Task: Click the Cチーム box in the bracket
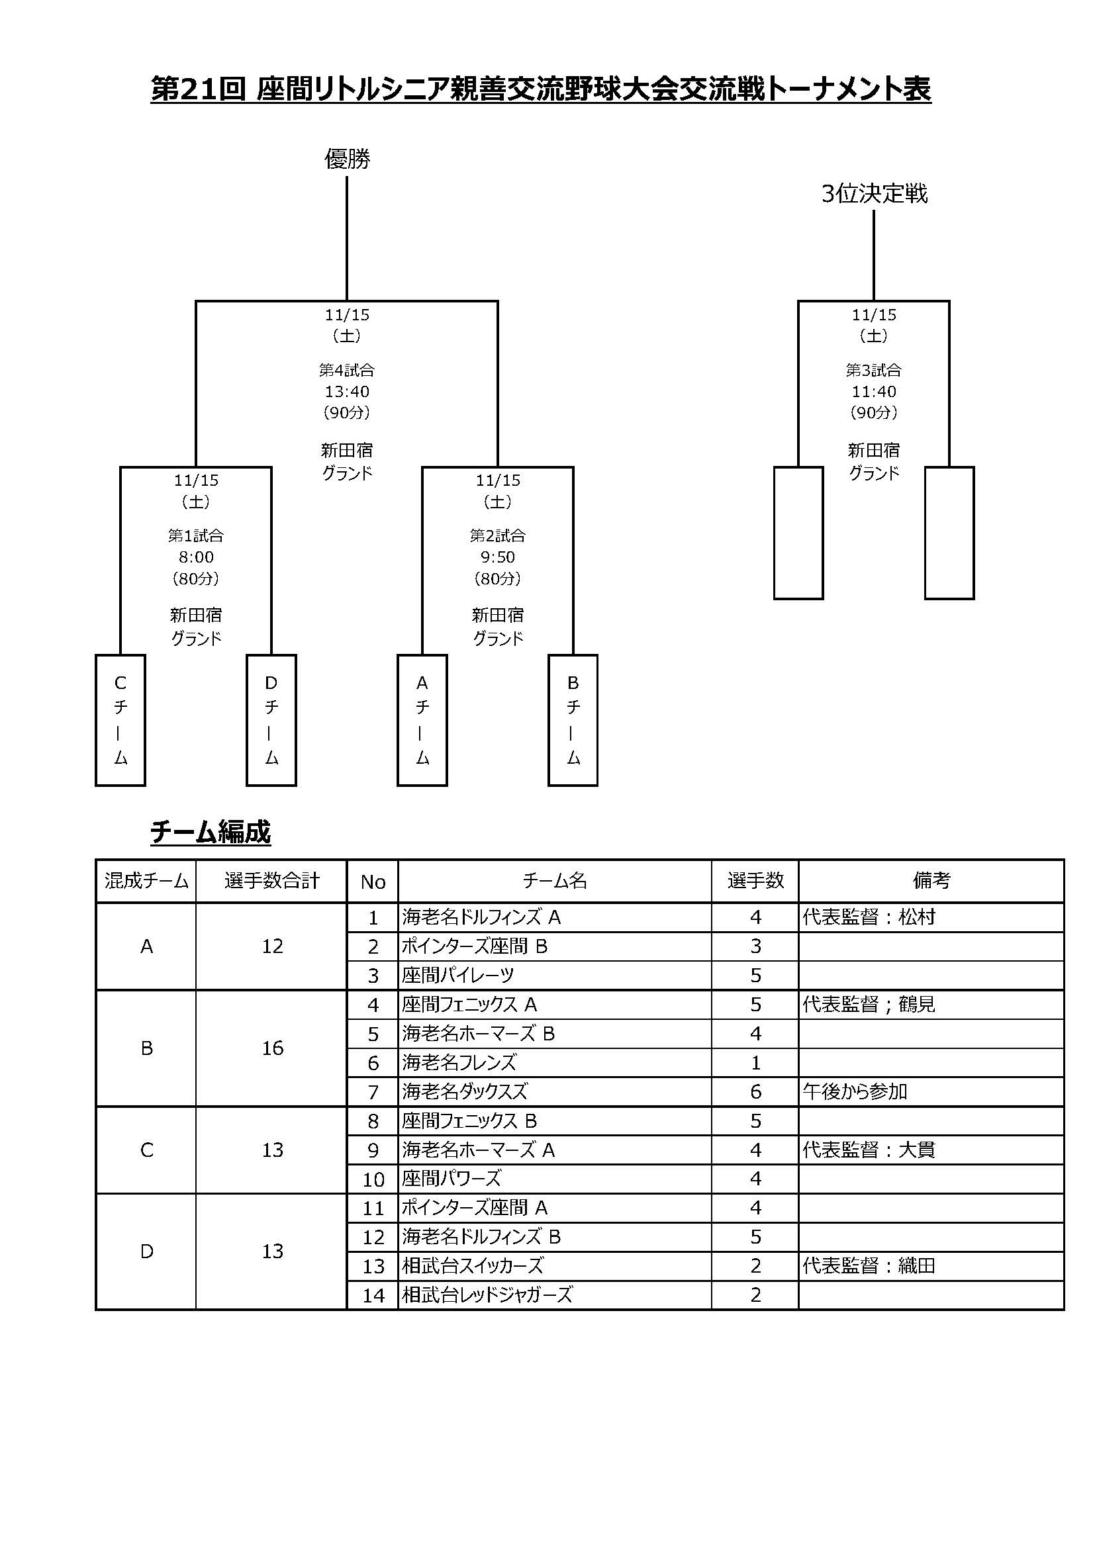click(x=120, y=720)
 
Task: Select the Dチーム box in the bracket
click(x=271, y=720)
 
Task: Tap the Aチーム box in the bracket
click(x=422, y=720)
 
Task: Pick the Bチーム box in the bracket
click(x=573, y=720)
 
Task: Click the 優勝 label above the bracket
click(x=348, y=159)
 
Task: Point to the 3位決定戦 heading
click(x=874, y=194)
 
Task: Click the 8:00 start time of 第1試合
click(x=195, y=557)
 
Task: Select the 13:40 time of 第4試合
click(x=348, y=391)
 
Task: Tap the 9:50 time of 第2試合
click(x=498, y=557)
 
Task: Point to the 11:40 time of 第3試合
click(x=874, y=391)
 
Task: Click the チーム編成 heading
click(x=211, y=833)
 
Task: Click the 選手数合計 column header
click(x=271, y=880)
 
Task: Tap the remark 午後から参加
click(x=855, y=1091)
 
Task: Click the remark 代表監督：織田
click(x=869, y=1265)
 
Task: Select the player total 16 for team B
click(x=272, y=1048)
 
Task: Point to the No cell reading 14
click(x=373, y=1295)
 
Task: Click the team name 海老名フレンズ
click(x=459, y=1063)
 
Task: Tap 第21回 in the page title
click(x=198, y=89)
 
